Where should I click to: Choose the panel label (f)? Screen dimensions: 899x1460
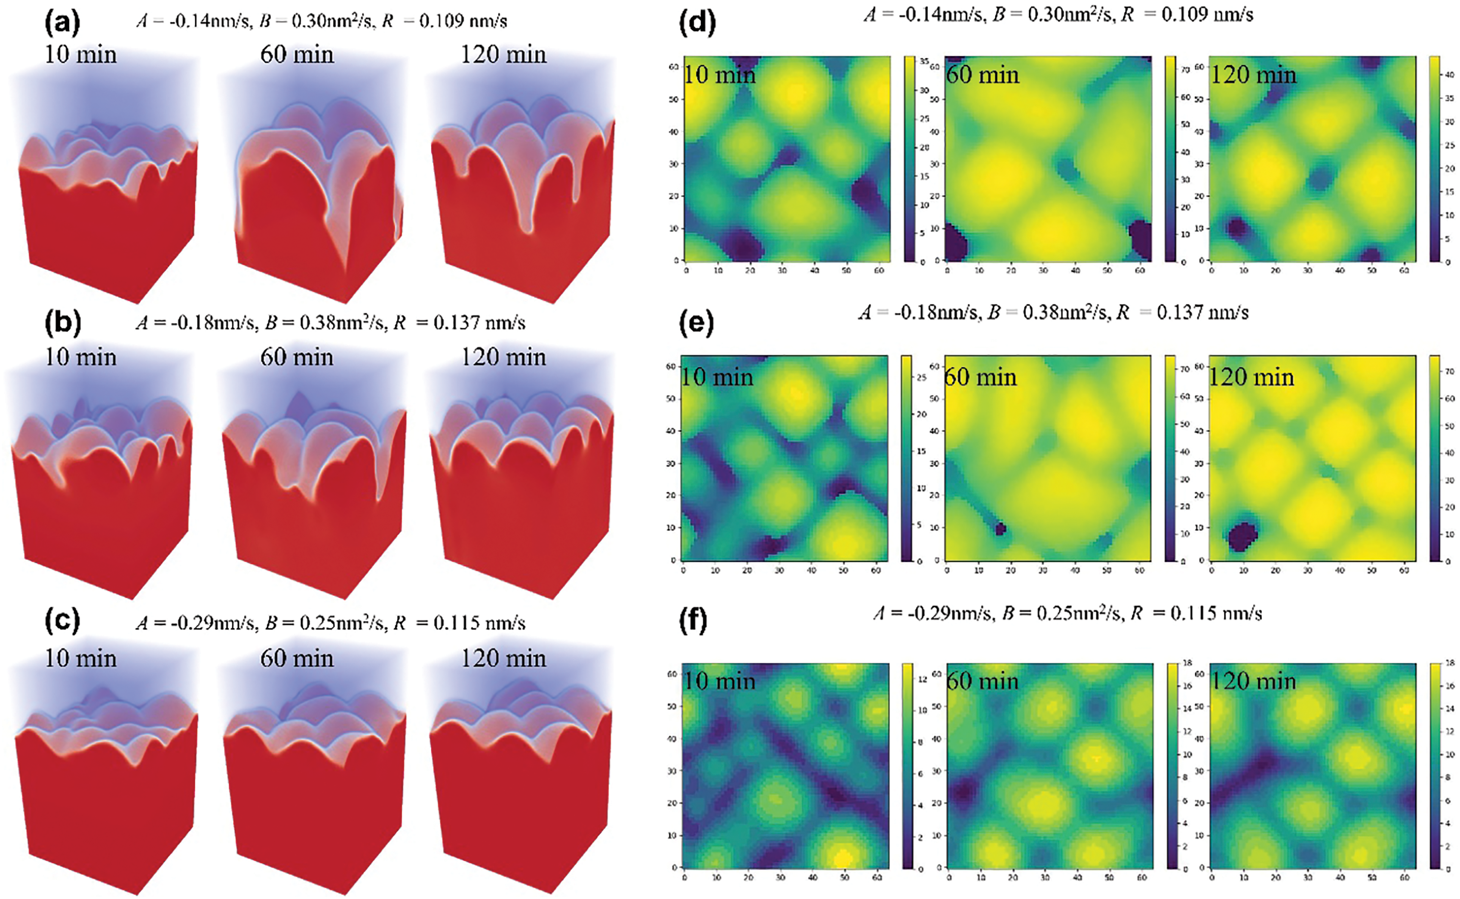(692, 621)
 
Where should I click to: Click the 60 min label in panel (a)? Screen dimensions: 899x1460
(297, 55)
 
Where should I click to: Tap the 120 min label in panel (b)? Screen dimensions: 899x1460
(503, 357)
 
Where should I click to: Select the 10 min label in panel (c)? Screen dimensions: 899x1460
(81, 658)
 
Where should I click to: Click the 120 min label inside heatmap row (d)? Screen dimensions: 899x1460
(1253, 75)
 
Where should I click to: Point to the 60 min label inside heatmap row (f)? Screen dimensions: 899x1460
(982, 681)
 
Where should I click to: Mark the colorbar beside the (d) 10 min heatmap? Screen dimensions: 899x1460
(909, 159)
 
